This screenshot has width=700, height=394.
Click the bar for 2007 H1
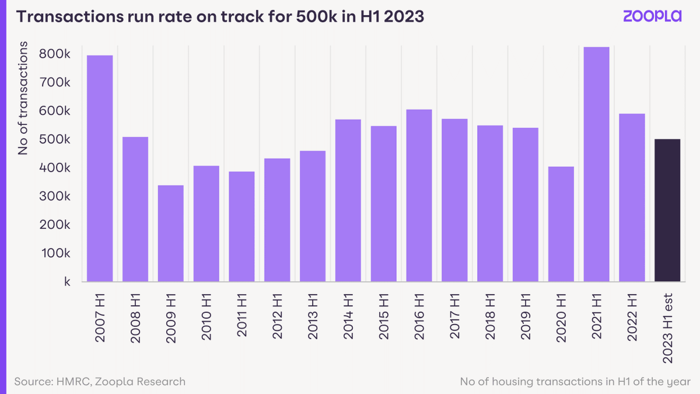100,168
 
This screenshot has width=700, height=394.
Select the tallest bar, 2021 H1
596,164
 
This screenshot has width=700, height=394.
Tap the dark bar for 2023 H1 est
667,210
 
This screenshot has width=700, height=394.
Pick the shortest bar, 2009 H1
171,233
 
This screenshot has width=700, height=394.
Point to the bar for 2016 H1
419,196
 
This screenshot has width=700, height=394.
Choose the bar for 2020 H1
561,224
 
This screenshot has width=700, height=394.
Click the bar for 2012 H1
277,220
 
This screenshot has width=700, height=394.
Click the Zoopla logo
652,16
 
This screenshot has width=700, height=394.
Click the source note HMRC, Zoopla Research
100,382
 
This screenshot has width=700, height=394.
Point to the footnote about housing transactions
575,382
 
